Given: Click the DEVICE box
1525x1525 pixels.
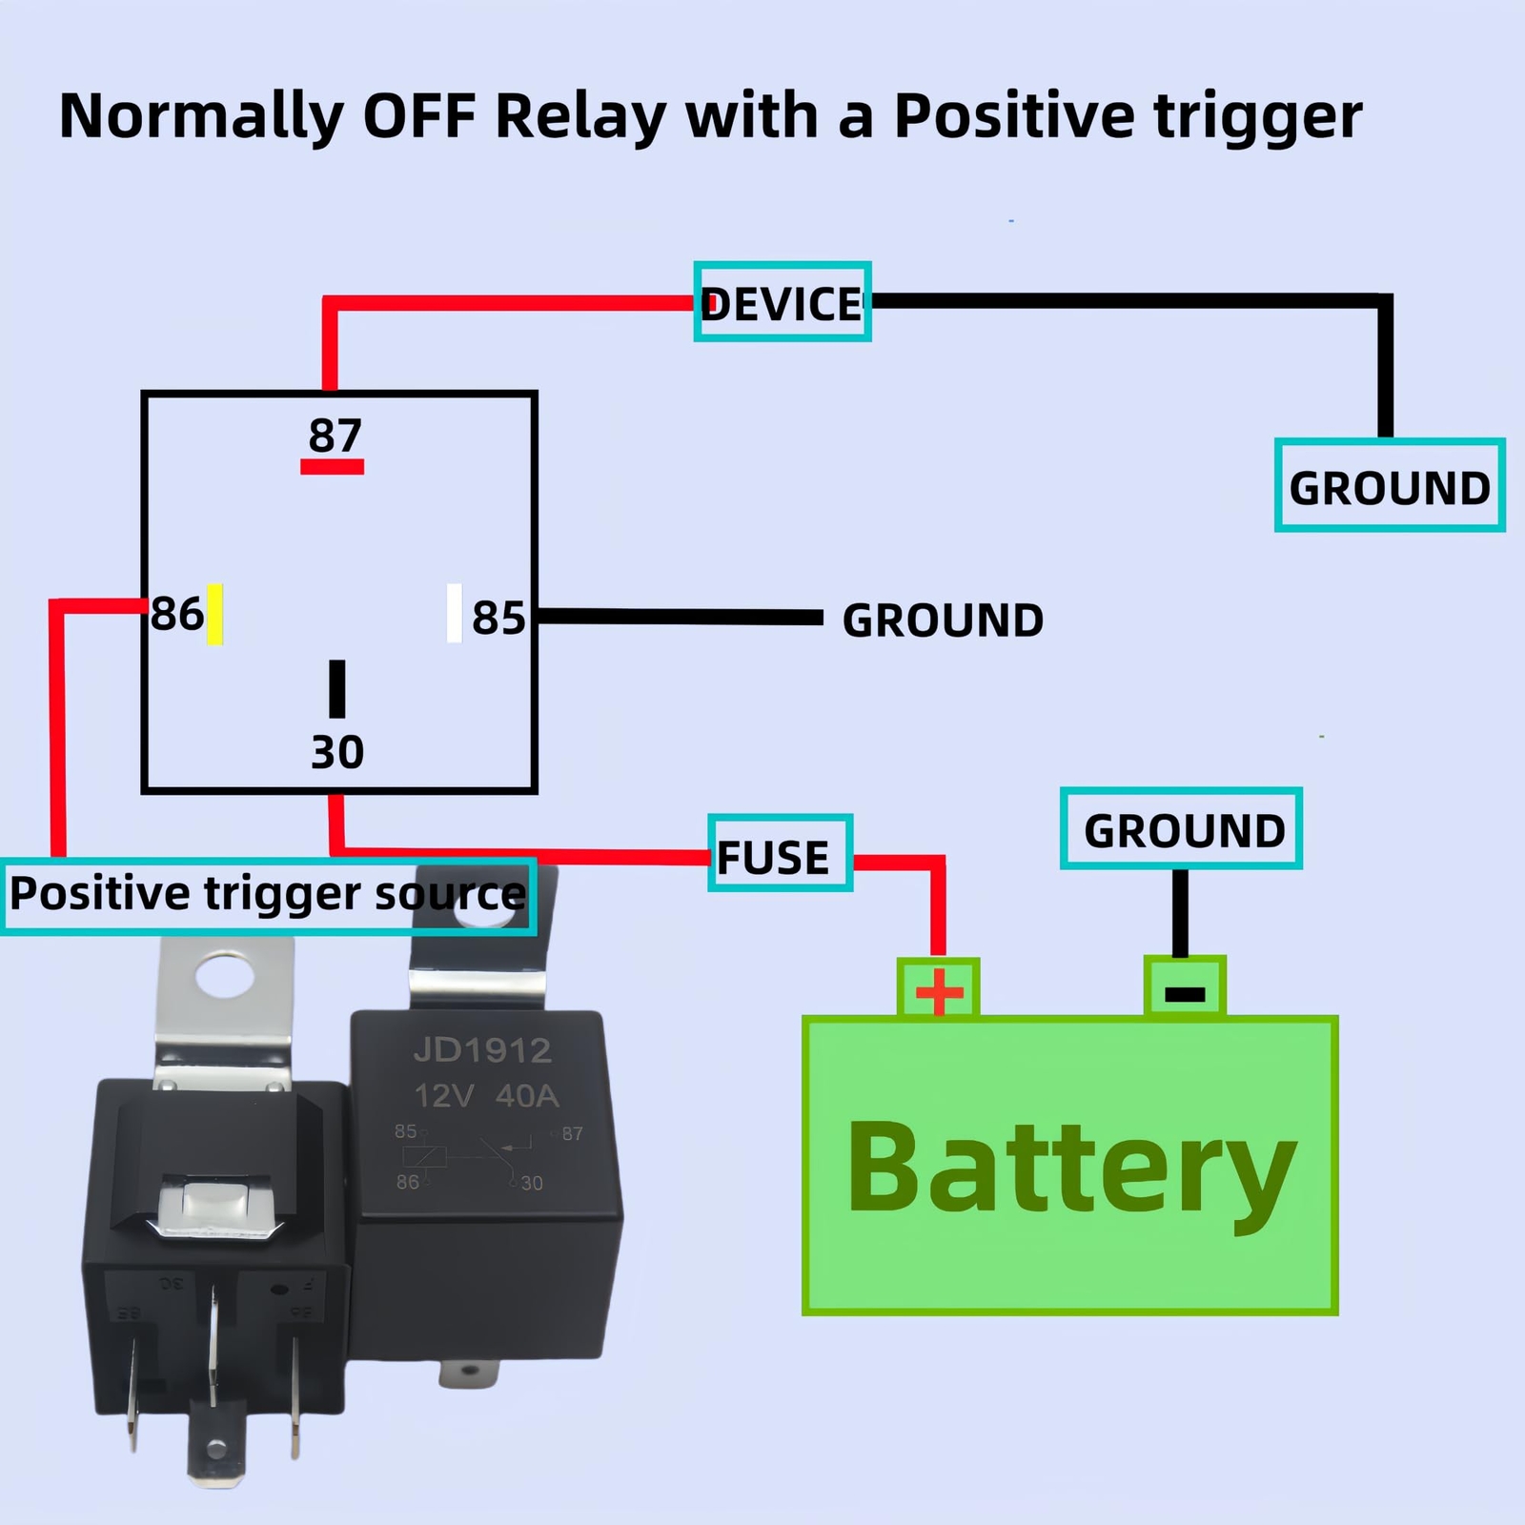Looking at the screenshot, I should pos(782,302).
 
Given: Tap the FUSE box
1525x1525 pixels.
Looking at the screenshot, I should pos(779,854).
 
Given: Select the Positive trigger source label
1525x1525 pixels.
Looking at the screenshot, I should pos(268,896).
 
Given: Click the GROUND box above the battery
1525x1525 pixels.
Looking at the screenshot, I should pos(1181,829).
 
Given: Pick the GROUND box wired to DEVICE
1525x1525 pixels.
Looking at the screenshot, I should pos(1389,486).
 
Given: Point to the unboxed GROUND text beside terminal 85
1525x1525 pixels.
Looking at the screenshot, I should pos(943,620).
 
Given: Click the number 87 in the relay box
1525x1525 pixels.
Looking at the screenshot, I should pos(335,436).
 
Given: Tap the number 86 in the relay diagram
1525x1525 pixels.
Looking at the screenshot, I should pos(176,614).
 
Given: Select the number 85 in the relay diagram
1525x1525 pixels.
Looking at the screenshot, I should pos(498,618).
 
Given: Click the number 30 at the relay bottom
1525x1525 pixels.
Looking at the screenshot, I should pos(337,752).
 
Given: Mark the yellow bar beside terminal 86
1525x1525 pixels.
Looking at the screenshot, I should pos(215,614).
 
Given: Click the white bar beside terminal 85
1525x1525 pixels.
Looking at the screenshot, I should pos(455,614).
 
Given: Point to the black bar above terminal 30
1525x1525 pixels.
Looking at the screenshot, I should pos(337,688).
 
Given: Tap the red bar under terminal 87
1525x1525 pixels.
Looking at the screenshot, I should pos(332,467).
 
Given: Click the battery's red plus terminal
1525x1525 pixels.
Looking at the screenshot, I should pos(939,991).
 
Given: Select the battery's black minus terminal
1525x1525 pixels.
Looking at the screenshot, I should pos(1185,993).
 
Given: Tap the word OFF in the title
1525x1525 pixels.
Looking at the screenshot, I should pos(418,116).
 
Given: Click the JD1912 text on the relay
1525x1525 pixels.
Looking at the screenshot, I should pos(482,1050).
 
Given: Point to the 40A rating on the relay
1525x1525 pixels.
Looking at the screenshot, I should pos(527,1096).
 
